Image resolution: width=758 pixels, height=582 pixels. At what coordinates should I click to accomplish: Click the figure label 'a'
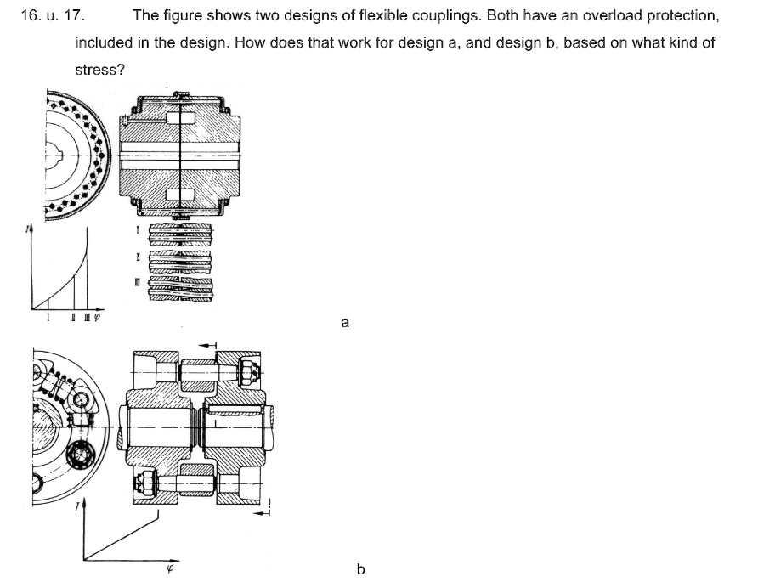click(344, 322)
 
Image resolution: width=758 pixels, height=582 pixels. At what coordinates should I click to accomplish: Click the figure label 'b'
click(360, 568)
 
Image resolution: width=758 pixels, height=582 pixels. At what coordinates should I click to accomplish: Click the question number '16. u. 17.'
click(52, 15)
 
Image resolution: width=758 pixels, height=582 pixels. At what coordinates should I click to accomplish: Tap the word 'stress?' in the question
click(99, 70)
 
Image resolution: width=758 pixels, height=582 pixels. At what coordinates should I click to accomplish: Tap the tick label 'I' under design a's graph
click(48, 318)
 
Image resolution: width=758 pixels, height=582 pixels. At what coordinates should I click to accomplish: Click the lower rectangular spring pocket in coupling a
click(181, 195)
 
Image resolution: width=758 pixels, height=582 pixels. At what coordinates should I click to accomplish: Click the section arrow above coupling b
click(208, 345)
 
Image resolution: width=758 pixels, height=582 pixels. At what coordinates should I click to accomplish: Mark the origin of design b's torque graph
click(84, 557)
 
